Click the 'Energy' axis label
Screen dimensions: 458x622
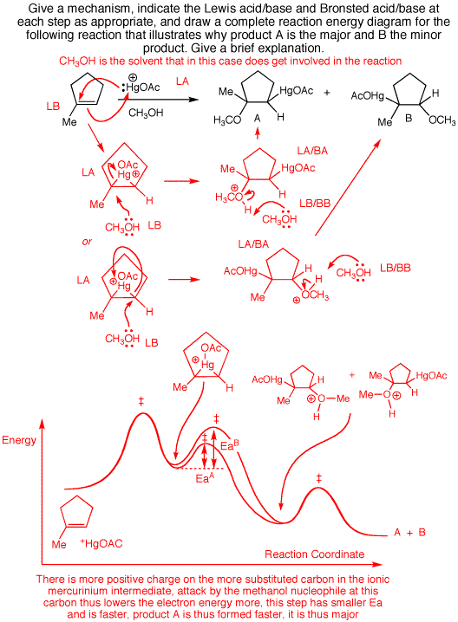19,440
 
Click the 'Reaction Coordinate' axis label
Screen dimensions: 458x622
315,554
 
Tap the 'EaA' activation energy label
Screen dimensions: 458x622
205,478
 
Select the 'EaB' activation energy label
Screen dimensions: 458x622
230,445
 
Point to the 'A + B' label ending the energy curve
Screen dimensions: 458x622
409,533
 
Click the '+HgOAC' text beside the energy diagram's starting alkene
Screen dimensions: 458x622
101,543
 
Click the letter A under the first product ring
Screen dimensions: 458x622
258,118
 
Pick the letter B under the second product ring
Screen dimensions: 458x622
409,118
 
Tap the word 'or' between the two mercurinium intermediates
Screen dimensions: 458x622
87,241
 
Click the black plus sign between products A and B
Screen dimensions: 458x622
327,93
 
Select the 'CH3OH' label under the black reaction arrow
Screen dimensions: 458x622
146,113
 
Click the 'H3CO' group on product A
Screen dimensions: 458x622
227,120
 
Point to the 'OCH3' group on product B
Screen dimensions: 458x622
442,120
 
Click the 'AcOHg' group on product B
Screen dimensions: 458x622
368,95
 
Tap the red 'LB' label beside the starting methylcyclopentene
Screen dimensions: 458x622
53,107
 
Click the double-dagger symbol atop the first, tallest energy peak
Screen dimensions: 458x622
141,402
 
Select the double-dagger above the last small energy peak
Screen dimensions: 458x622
318,479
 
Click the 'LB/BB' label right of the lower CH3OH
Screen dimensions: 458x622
396,268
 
